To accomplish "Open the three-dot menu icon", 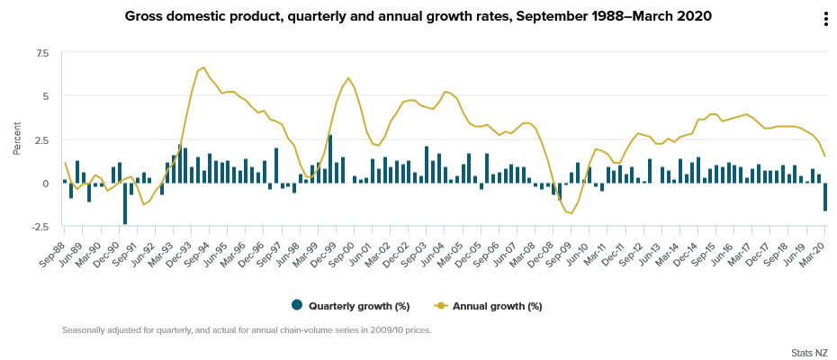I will (x=825, y=20).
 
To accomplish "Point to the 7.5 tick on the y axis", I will (x=42, y=53).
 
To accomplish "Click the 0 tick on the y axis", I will (x=47, y=184).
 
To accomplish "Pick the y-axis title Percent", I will (x=16, y=139).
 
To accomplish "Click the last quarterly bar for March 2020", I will (x=825, y=197).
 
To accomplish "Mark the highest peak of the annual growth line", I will (x=203, y=67).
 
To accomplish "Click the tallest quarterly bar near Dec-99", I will (x=330, y=159).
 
